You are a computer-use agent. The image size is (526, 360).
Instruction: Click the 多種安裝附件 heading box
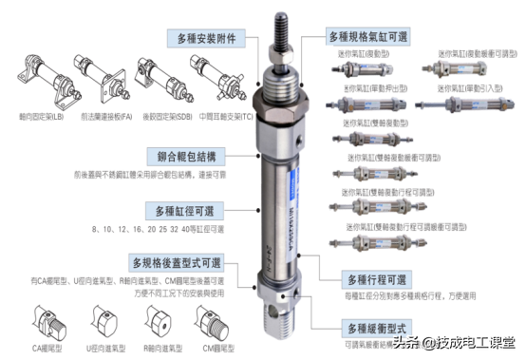tap(206, 40)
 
